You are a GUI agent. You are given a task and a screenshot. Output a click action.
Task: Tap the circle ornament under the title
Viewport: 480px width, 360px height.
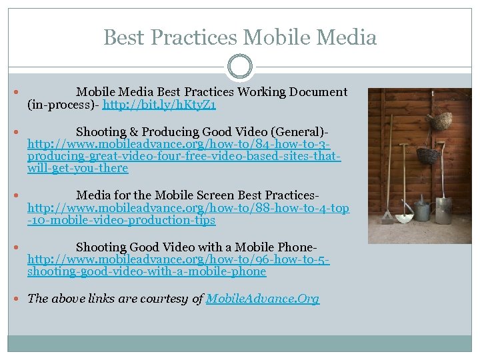239,67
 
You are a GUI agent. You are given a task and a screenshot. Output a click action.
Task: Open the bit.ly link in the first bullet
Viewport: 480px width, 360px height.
160,105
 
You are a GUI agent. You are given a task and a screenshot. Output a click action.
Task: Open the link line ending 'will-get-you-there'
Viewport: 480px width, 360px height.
77,168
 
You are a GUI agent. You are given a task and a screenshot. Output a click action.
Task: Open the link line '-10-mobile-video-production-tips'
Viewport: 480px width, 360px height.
121,220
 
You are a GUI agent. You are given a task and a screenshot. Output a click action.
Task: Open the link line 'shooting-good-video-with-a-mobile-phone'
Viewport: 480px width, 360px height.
147,271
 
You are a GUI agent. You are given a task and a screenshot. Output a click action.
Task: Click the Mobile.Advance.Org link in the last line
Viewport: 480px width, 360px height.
263,299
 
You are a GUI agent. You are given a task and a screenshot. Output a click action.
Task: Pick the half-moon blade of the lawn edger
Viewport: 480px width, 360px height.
405,217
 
